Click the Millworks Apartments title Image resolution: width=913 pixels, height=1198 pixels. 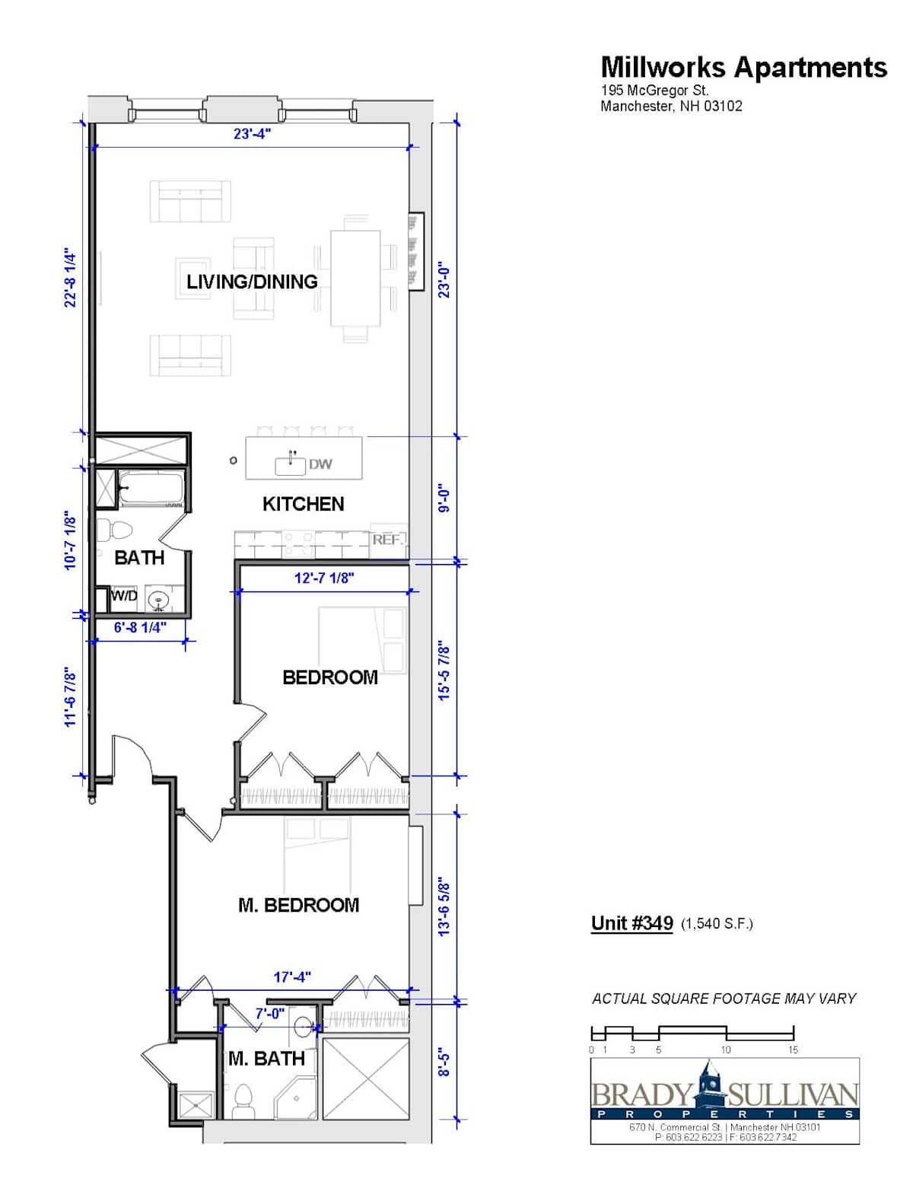[x=743, y=68]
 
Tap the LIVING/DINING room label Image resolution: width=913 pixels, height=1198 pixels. [x=252, y=282]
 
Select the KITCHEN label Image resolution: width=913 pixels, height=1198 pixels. [x=304, y=504]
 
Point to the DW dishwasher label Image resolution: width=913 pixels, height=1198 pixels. [x=320, y=464]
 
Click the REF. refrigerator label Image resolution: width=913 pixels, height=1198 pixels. [x=387, y=540]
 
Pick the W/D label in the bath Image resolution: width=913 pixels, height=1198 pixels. [x=124, y=595]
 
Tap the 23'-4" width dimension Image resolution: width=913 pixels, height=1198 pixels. [x=252, y=134]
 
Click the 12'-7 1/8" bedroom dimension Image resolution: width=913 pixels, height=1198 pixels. [x=324, y=578]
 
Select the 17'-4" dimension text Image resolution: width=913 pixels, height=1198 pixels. [x=292, y=977]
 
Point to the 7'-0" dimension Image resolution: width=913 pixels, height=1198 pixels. [x=270, y=1014]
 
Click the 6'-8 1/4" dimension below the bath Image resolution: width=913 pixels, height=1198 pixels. [x=140, y=628]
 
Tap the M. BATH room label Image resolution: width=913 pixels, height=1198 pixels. [x=267, y=1059]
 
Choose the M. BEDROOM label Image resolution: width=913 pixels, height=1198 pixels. [x=299, y=906]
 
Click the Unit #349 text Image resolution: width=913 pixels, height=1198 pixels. [x=632, y=923]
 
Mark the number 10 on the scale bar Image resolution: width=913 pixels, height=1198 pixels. [x=725, y=1050]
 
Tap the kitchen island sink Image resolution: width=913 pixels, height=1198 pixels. [x=290, y=466]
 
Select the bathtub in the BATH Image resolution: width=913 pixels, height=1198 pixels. [x=151, y=487]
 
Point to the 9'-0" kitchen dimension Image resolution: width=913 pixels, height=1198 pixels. [x=445, y=500]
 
